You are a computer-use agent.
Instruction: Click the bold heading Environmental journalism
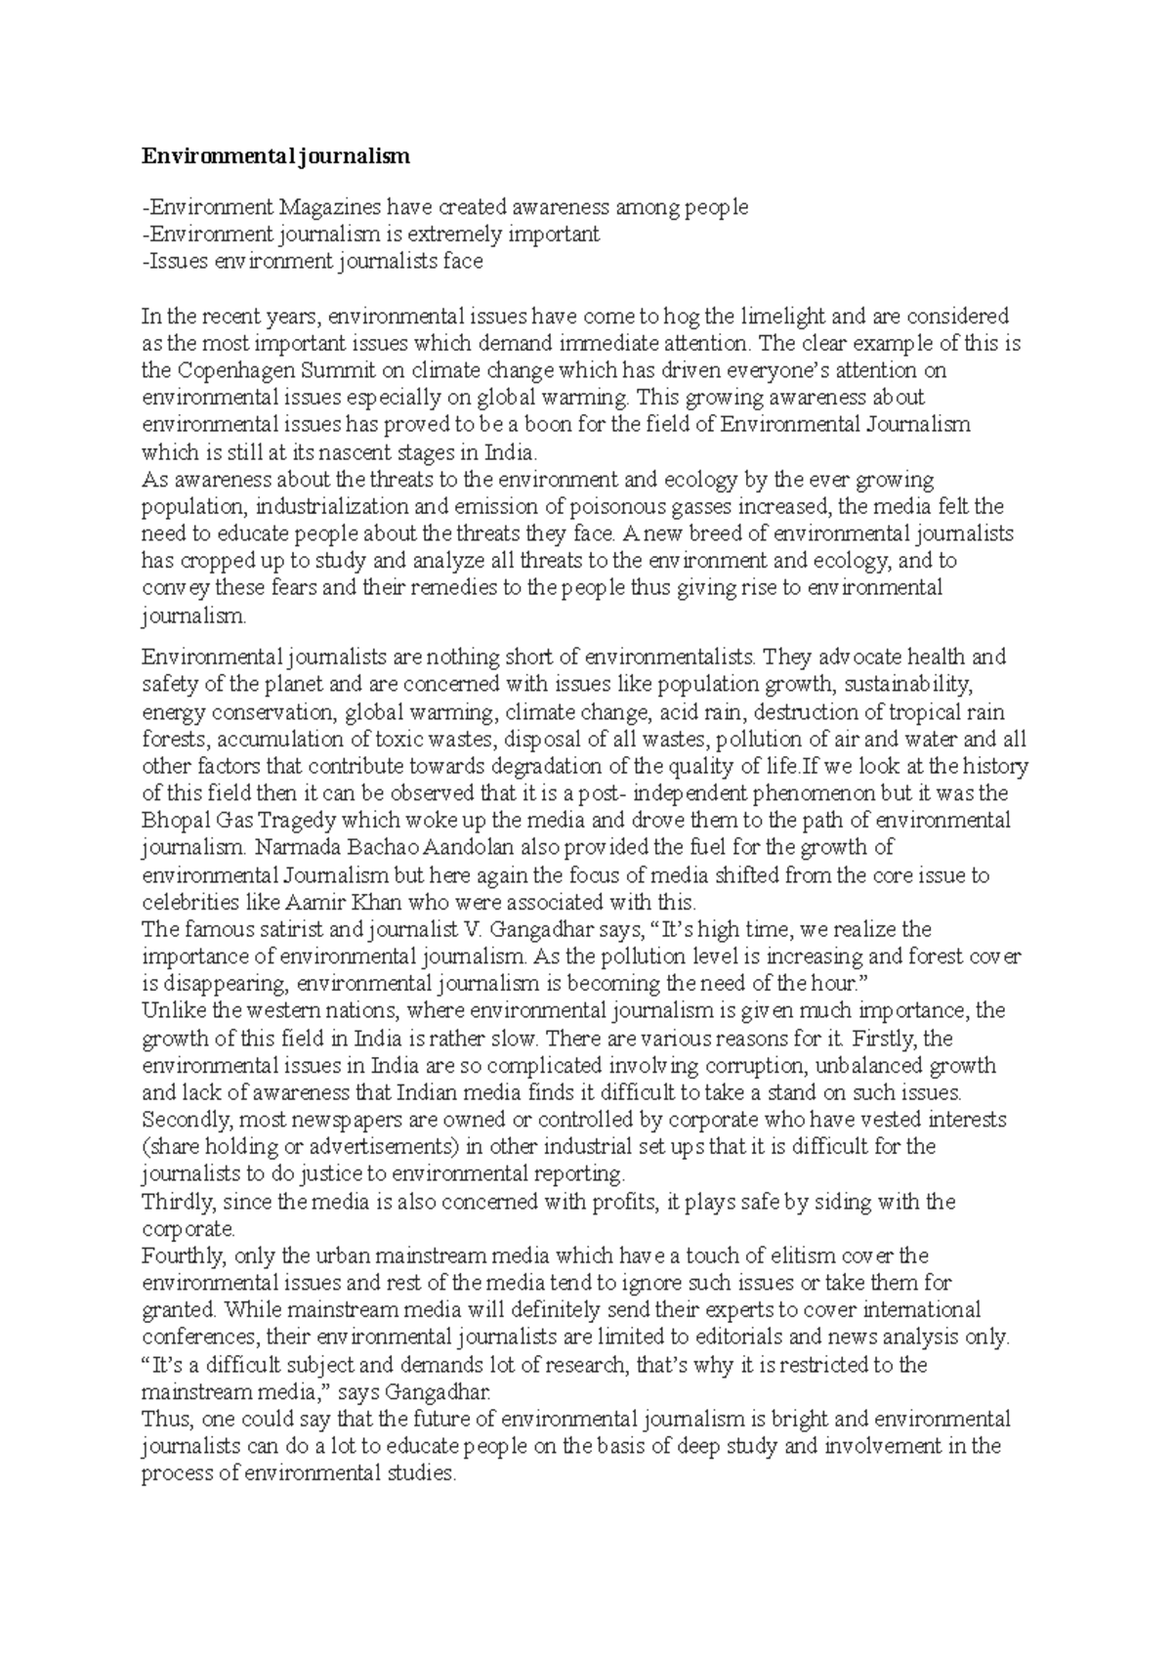276,156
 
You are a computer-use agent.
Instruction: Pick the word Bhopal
174,820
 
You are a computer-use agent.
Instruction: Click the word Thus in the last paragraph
163,1419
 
